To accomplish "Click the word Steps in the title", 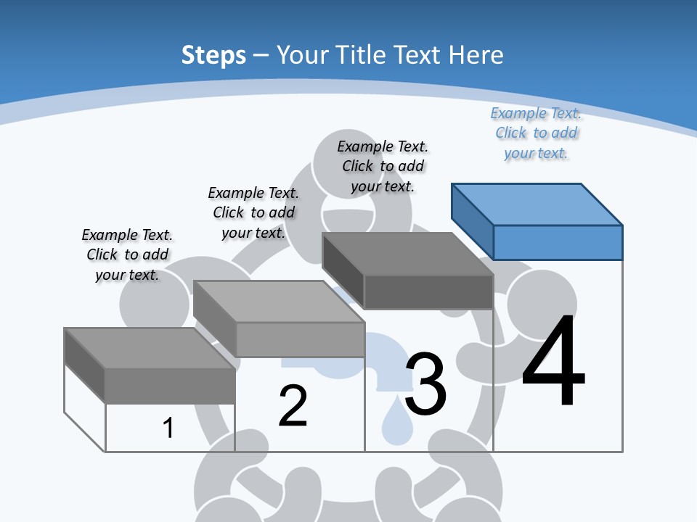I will (x=213, y=55).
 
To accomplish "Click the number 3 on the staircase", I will (x=425, y=384).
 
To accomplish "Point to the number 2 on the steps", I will (x=293, y=406).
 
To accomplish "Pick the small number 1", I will (x=168, y=428).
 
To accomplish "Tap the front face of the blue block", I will (x=558, y=242).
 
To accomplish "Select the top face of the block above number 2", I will (x=279, y=302).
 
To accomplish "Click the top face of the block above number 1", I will (x=150, y=348).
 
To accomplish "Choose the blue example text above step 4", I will (x=536, y=133).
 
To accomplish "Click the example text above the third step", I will (x=383, y=166).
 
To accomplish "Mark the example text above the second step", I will (x=253, y=212).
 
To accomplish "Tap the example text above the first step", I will (x=127, y=254).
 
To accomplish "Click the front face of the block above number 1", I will (x=170, y=386).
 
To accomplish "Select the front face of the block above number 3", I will (x=428, y=292).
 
